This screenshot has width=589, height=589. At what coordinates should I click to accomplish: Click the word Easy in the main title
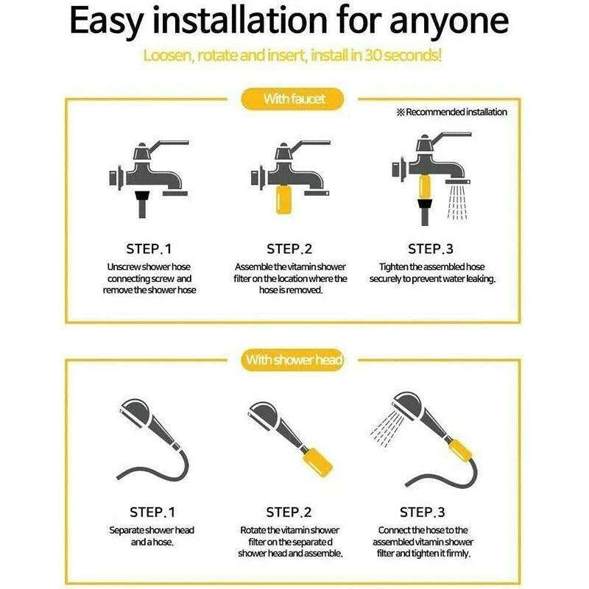click(106, 21)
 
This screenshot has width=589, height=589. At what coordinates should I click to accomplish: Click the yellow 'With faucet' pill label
click(292, 99)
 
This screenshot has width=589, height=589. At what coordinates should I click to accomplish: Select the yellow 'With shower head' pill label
click(292, 360)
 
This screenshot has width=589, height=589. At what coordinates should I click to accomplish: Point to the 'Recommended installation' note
click(452, 112)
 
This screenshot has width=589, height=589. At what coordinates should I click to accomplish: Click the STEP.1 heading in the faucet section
click(149, 249)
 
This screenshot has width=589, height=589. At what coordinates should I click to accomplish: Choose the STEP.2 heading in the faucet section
click(289, 249)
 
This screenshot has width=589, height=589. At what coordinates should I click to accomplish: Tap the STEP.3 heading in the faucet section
click(431, 249)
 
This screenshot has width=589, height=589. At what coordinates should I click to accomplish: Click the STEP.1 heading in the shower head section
click(152, 512)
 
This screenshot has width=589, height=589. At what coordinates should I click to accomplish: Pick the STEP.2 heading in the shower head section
click(289, 512)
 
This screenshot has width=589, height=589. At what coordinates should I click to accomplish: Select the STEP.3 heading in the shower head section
click(422, 512)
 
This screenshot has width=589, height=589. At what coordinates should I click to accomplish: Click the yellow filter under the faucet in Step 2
click(283, 199)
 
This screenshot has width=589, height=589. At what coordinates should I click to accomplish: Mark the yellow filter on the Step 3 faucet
click(425, 187)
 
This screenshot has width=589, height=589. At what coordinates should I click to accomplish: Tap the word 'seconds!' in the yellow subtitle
click(412, 55)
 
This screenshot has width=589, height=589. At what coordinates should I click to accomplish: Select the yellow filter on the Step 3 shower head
click(460, 450)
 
